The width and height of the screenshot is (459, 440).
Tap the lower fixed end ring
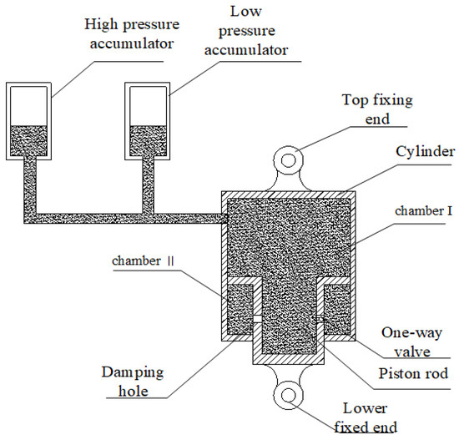(290, 395)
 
